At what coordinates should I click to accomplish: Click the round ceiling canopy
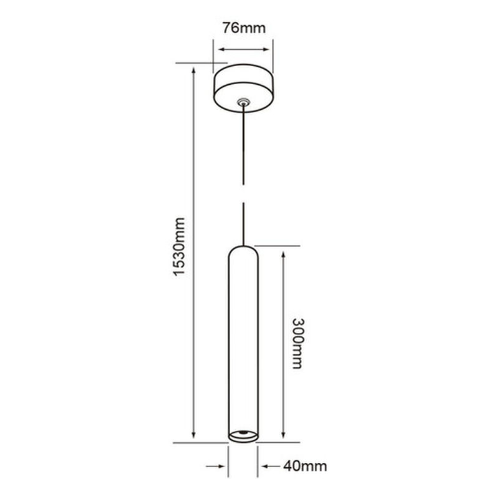[x=243, y=87]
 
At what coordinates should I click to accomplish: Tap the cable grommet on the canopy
[x=243, y=101]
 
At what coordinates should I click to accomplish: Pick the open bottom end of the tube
[x=243, y=436]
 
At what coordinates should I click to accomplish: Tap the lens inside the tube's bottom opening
[x=243, y=432]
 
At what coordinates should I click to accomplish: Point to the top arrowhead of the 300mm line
[x=284, y=251]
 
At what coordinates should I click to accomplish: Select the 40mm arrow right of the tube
[x=264, y=466]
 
